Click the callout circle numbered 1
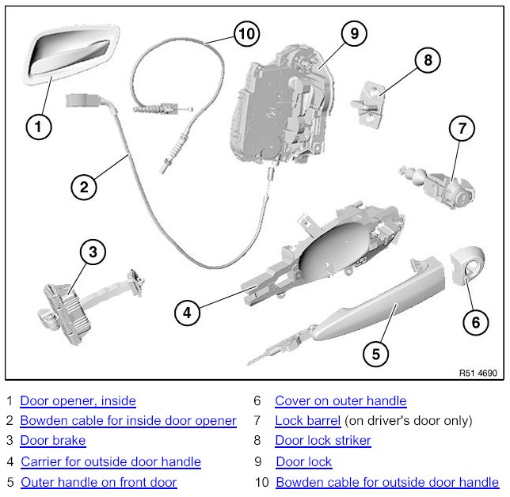(40, 125)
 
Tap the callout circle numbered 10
(247, 33)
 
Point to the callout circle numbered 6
(475, 321)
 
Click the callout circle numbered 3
(93, 253)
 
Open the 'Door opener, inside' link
(78, 401)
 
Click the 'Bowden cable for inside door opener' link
(127, 421)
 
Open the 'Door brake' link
(52, 441)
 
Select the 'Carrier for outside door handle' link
(111, 461)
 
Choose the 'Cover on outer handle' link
(341, 401)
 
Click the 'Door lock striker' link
(323, 441)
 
